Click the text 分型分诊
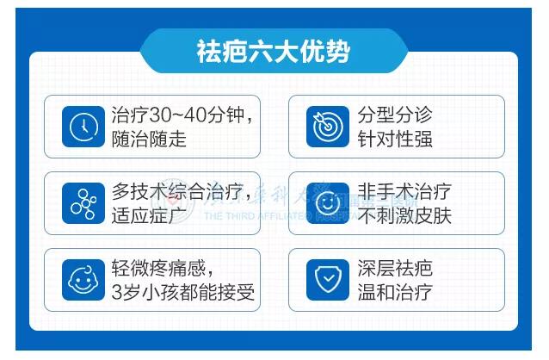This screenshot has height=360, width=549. pyautogui.click(x=395, y=115)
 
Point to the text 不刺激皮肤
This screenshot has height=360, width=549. pyautogui.click(x=404, y=215)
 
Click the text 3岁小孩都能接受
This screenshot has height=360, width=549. pyautogui.click(x=183, y=292)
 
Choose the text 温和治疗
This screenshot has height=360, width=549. pyautogui.click(x=395, y=292)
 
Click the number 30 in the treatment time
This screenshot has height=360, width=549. pyautogui.click(x=161, y=115)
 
